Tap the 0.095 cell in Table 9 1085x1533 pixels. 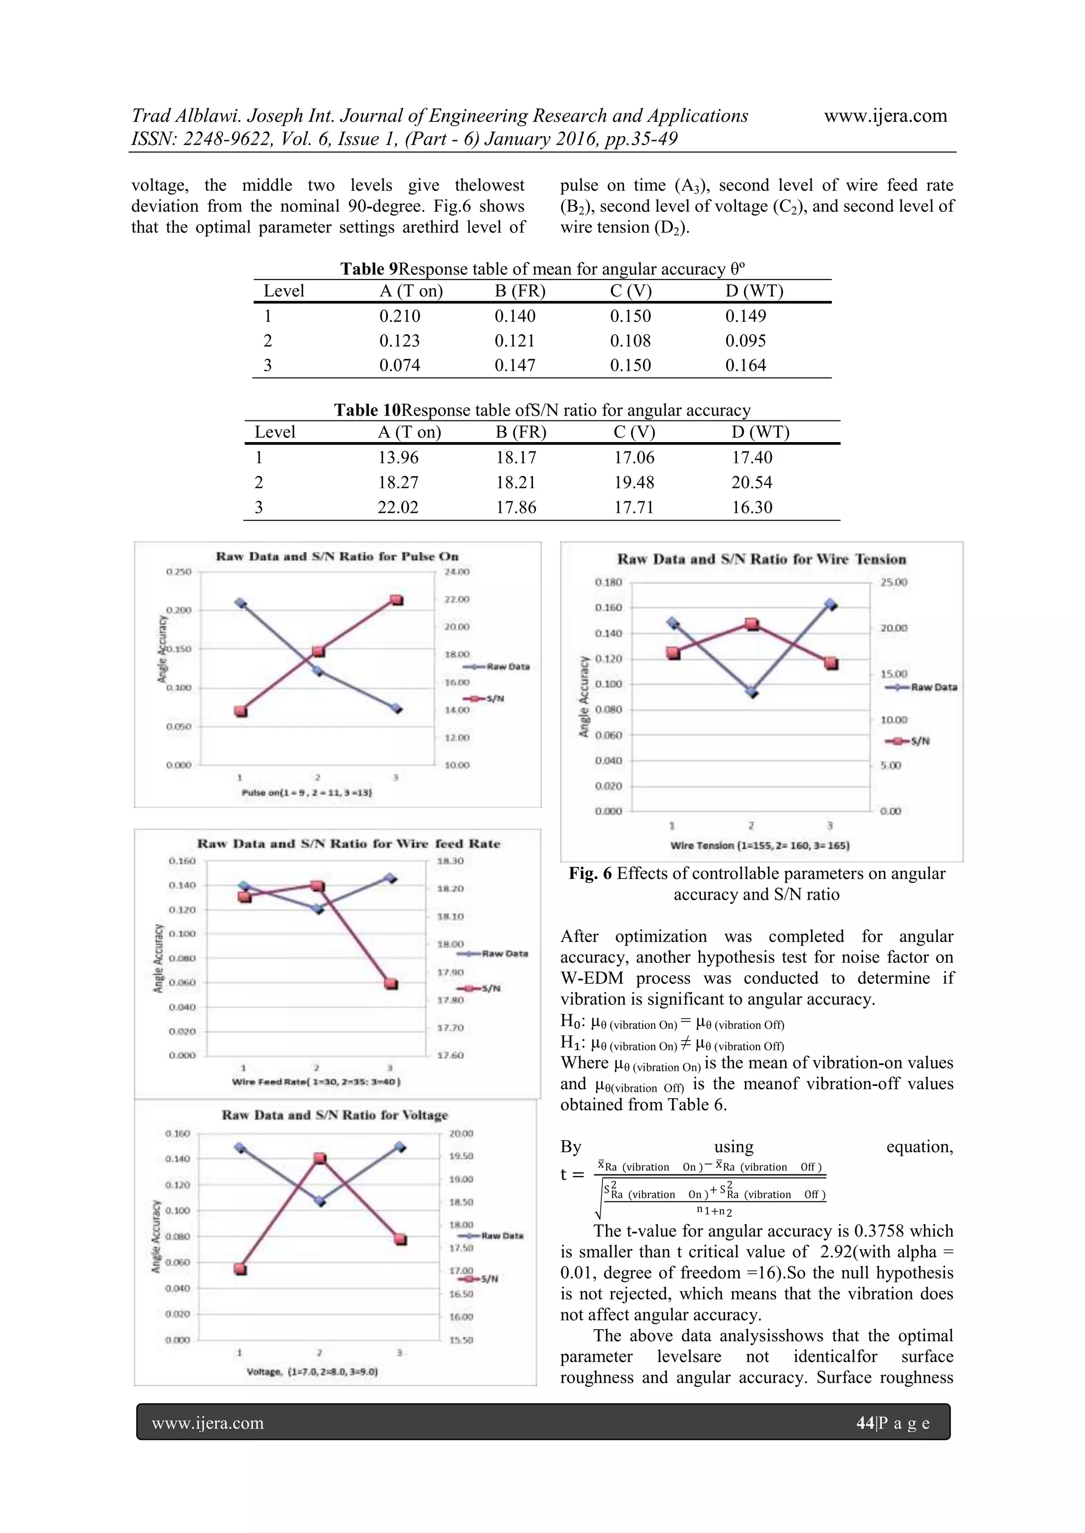coord(745,341)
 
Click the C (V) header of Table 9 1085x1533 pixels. coord(630,291)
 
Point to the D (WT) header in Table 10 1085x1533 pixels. coord(760,433)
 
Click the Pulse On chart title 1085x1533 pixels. coord(337,556)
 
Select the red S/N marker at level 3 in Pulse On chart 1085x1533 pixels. coord(396,599)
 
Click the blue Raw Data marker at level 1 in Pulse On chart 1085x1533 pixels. coord(241,603)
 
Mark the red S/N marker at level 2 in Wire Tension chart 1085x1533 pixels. coord(752,624)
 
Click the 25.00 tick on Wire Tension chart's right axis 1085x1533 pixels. coord(893,582)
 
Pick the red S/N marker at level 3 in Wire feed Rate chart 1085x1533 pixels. coord(392,984)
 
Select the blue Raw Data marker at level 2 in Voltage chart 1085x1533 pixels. coord(320,1201)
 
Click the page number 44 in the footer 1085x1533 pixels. coord(865,1423)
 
